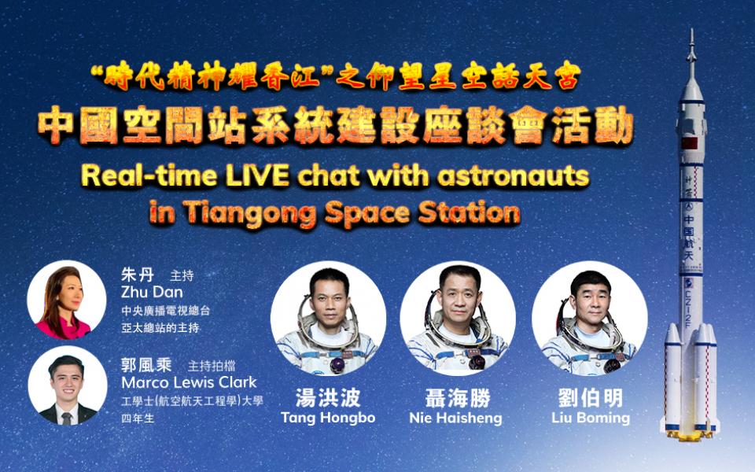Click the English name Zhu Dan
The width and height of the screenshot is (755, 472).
point(152,292)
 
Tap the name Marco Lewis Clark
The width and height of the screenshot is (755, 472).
point(189,382)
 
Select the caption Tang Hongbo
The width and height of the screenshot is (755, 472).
point(328,417)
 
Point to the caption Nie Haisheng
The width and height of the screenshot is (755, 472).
point(455,417)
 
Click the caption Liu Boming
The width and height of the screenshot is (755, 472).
point(591,417)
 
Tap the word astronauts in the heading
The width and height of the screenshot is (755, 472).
point(514,176)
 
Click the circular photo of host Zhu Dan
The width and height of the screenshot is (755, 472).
point(66,300)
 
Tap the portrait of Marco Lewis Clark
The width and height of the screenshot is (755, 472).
point(68,385)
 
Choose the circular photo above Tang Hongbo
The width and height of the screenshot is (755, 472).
point(329,318)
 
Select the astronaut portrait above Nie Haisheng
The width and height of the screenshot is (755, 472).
point(458,318)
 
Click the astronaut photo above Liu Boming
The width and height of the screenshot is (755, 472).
point(589,318)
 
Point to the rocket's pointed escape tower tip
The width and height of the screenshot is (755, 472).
point(692,30)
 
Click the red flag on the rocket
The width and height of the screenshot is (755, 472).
point(689,143)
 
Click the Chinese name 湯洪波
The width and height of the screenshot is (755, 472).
point(328,398)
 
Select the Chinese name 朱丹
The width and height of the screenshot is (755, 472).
point(137,275)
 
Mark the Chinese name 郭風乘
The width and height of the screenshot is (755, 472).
point(146,364)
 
